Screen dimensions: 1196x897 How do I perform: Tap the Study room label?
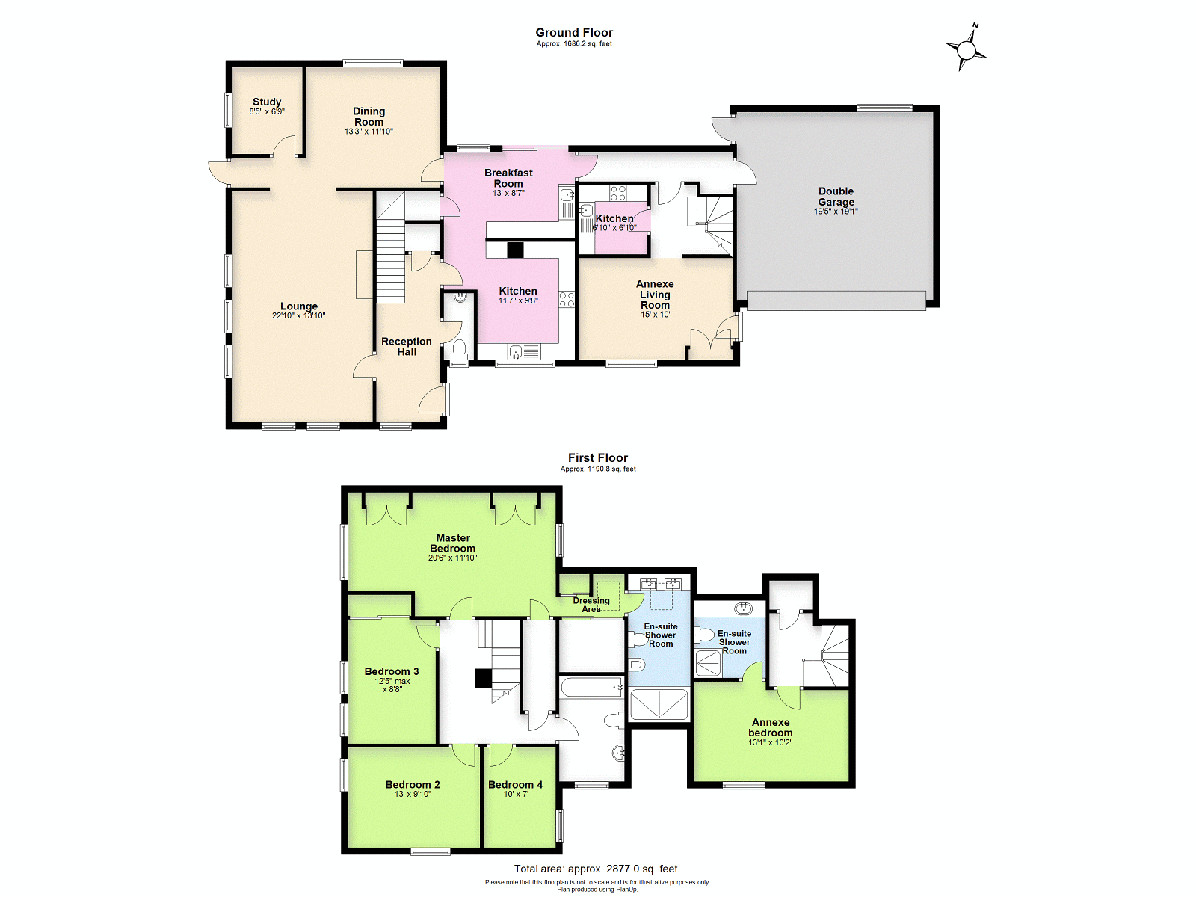[267, 102]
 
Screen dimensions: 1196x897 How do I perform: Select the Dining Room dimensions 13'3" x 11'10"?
[369, 132]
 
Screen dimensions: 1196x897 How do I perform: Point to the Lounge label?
[298, 306]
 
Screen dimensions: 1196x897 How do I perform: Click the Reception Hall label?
[407, 346]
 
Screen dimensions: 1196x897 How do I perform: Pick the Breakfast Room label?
[508, 178]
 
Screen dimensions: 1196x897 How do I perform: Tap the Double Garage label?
[836, 196]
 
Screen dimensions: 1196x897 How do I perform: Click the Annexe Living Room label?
[655, 294]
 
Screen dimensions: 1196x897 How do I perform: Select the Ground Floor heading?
[574, 33]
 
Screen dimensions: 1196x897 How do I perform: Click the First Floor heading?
[598, 458]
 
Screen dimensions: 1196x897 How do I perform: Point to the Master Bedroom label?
[453, 543]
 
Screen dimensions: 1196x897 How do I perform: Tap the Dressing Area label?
[591, 605]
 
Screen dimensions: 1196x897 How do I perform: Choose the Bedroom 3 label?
[392, 671]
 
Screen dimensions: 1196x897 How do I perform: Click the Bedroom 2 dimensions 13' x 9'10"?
[413, 794]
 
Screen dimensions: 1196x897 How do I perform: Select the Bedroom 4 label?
[516, 785]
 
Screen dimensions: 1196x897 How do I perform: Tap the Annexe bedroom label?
[771, 727]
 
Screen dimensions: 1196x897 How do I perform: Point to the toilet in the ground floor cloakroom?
[460, 348]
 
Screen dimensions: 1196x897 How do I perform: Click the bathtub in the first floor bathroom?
[592, 687]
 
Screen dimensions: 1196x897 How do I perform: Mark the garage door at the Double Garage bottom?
[836, 300]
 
